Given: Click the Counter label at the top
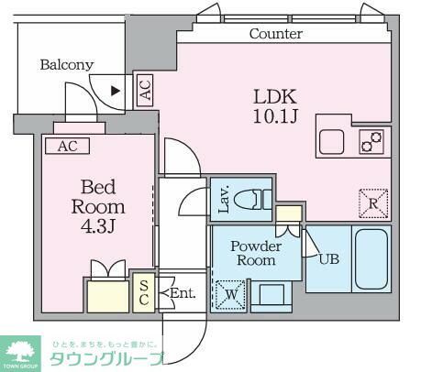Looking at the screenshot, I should click(276, 34).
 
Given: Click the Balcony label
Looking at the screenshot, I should click(66, 64).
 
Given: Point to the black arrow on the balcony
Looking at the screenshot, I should click(115, 90).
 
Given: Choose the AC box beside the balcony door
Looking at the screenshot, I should click(144, 90).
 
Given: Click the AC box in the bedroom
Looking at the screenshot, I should click(67, 146).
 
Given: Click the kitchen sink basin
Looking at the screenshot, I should click(332, 143).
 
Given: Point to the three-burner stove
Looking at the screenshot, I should click(371, 142).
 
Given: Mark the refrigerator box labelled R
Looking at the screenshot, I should click(373, 202).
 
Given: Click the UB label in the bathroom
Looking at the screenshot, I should click(329, 258).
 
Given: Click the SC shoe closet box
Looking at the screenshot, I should click(144, 293).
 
